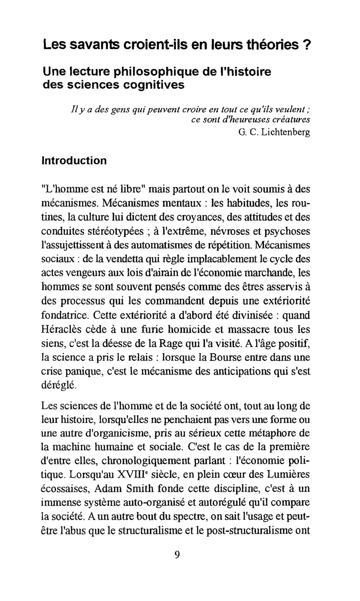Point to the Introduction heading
click(74, 161)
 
